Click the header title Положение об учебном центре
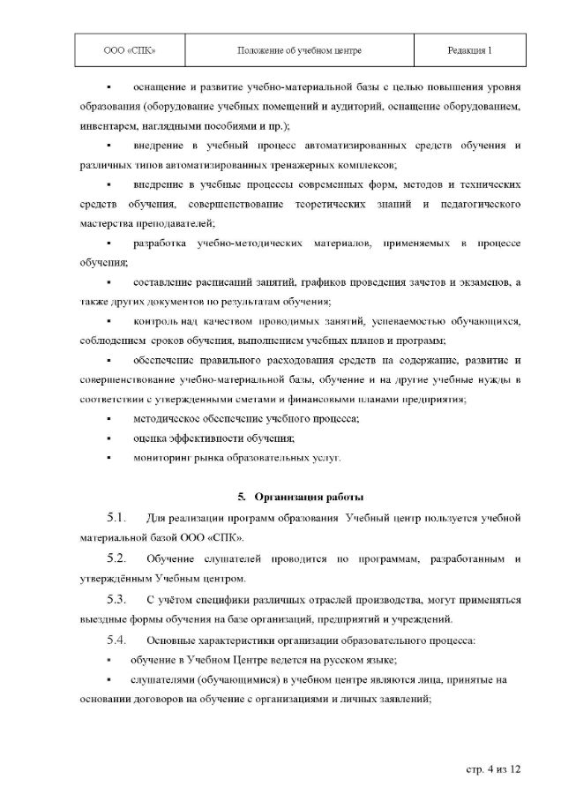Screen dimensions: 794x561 tap(300, 50)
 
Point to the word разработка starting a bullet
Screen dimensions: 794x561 tap(160, 243)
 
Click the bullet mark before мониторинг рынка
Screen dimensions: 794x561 tap(108, 459)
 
